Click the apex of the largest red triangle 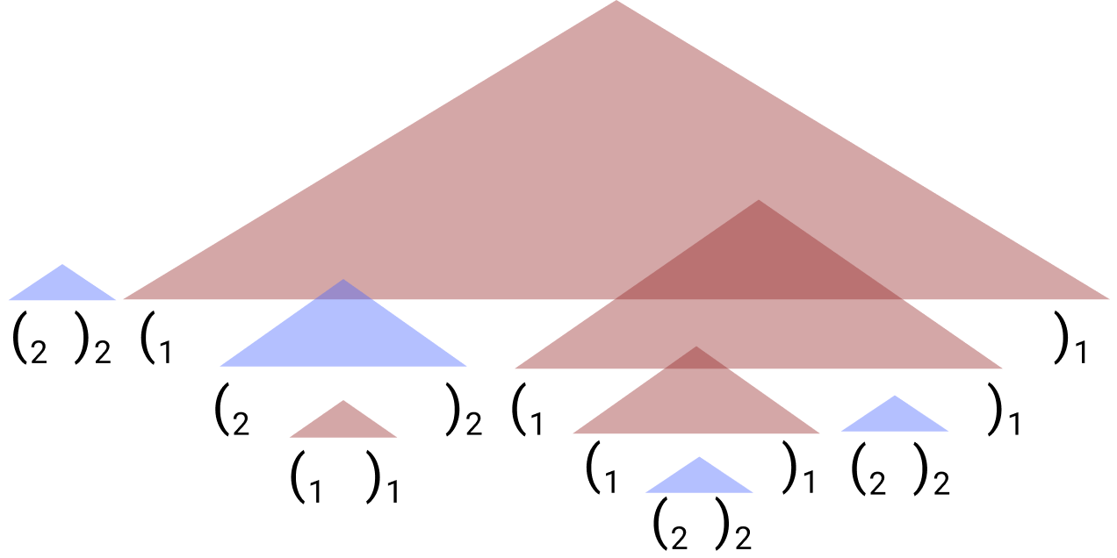[x=616, y=4]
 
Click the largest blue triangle [x=343, y=338]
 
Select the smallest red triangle [x=343, y=424]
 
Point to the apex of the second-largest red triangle [x=758, y=203]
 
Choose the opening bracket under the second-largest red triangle [x=518, y=408]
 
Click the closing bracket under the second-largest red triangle [x=995, y=408]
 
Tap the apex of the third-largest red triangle [x=696, y=349]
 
